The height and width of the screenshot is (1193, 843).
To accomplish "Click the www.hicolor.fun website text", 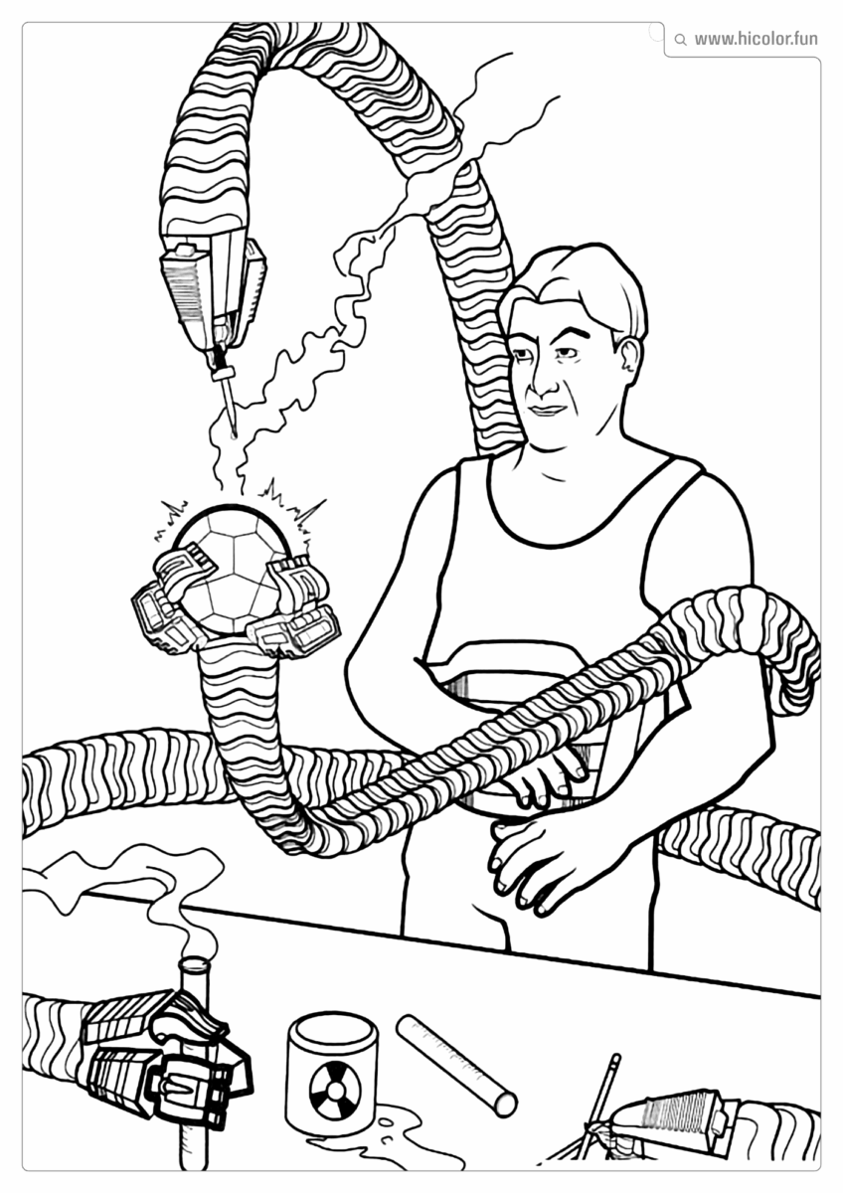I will [x=756, y=40].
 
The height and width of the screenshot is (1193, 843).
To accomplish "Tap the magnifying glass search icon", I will [x=680, y=41].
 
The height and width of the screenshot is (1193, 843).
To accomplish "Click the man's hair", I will [x=577, y=283].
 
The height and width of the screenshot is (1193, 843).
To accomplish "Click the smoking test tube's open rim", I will [x=194, y=963].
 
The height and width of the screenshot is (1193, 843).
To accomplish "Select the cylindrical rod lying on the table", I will [x=456, y=1065].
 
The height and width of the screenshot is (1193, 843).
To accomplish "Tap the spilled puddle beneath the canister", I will [x=398, y=1133].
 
